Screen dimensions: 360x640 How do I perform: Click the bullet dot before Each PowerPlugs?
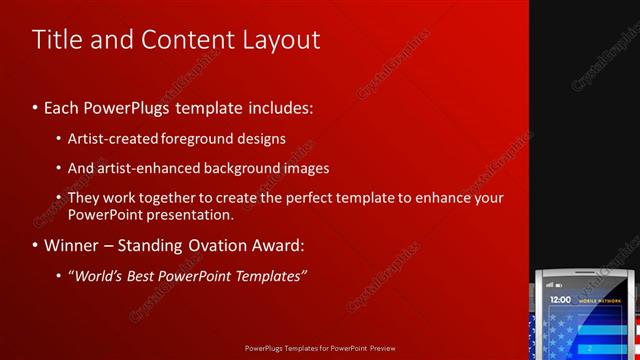click(36, 106)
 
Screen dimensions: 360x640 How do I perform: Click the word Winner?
click(72, 245)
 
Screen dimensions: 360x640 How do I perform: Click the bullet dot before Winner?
click(36, 246)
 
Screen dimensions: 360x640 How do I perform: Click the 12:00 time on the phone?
click(561, 299)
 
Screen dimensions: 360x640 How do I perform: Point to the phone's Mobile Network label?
click(603, 299)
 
